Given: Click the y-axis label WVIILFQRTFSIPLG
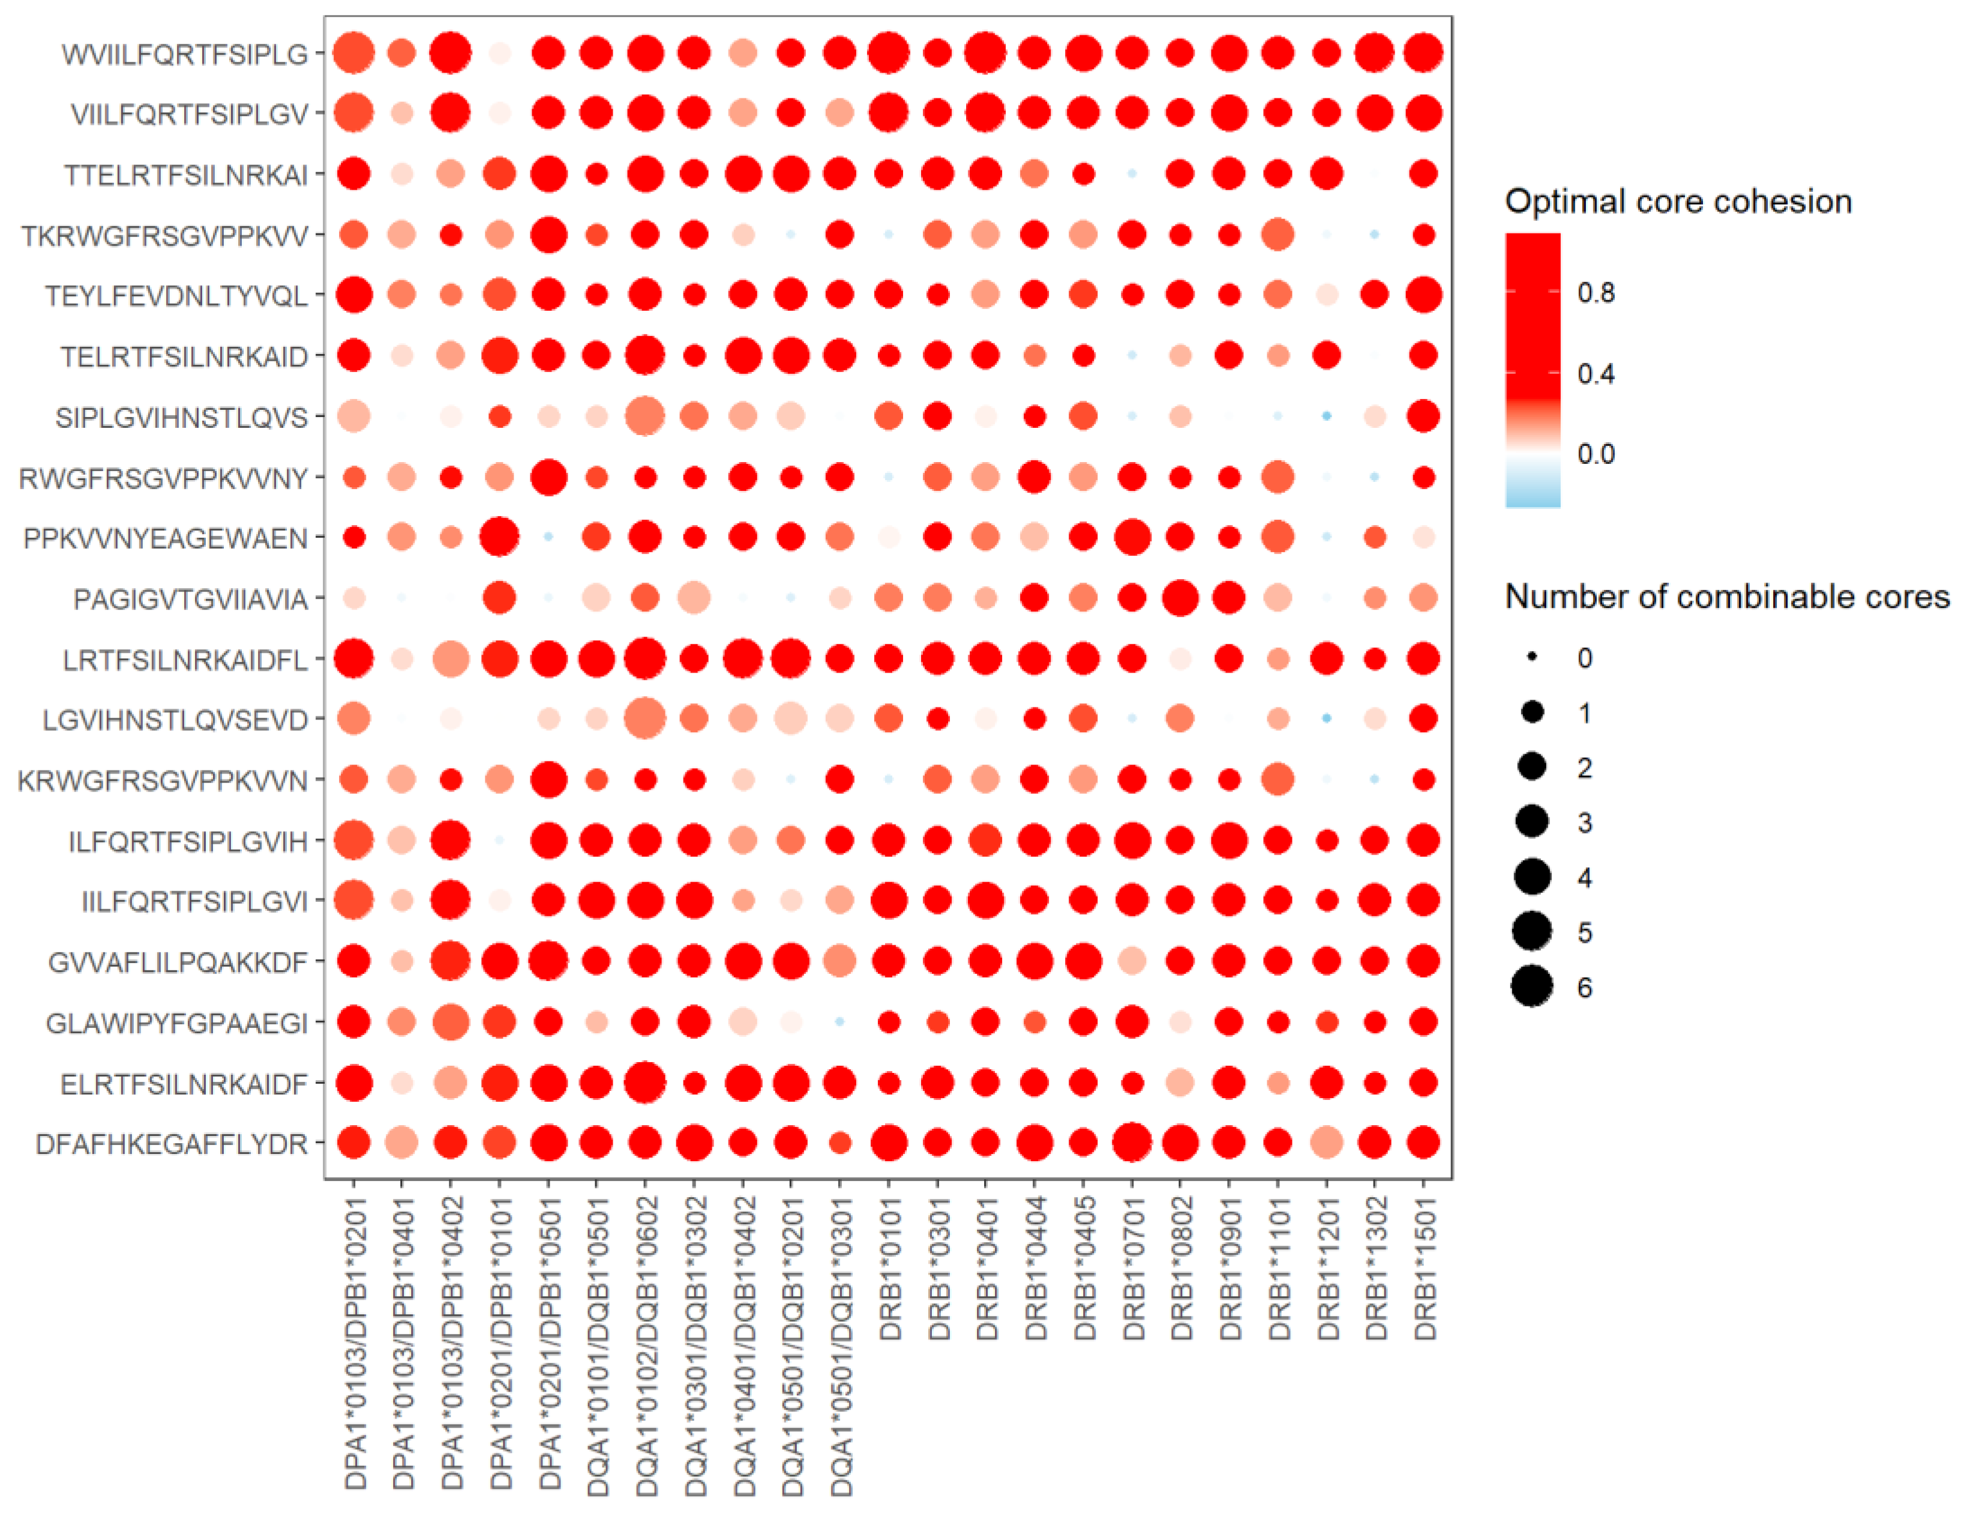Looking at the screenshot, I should click(184, 54).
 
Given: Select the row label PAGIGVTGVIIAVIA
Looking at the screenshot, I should click(190, 599).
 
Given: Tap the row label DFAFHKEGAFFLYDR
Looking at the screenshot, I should click(172, 1144).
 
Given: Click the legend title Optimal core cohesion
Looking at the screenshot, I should click(1677, 201).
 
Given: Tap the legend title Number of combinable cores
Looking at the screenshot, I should click(1726, 596).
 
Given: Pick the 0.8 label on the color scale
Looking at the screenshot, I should click(1596, 293).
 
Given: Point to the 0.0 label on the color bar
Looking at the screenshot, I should click(1596, 454).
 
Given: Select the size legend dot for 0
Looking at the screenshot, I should click(1532, 658).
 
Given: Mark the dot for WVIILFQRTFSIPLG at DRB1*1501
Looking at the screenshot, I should click(1423, 52).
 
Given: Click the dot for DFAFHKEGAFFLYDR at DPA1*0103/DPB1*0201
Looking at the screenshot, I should click(354, 1143).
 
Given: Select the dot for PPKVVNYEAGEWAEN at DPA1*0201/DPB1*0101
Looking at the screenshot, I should click(499, 537).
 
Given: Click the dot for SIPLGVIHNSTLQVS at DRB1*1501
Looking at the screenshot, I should click(1423, 416).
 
